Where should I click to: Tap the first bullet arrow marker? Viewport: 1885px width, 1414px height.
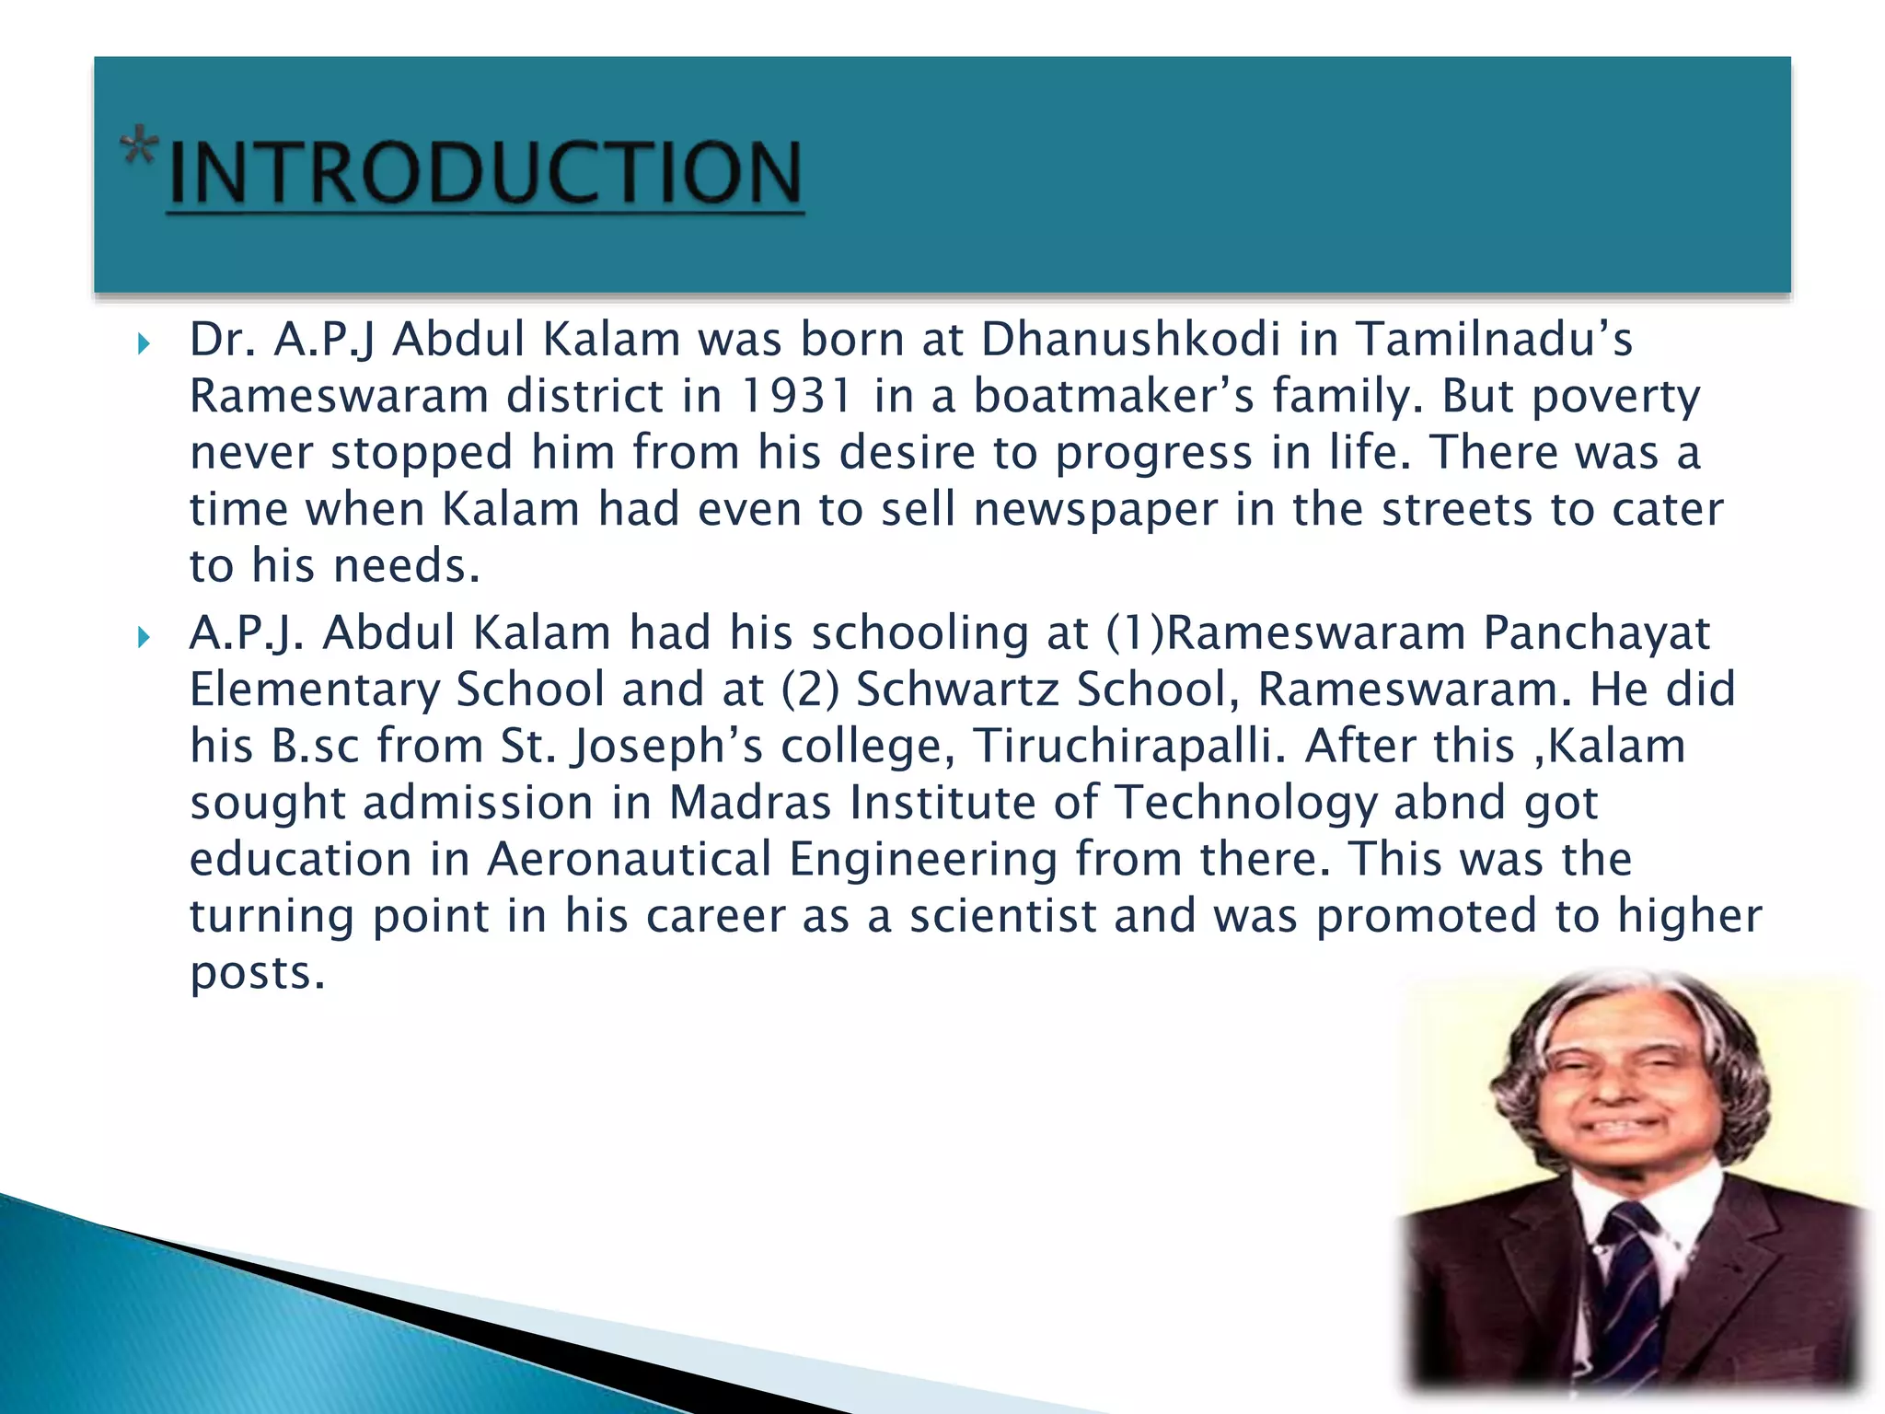(x=143, y=345)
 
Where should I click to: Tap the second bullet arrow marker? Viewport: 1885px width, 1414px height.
(x=143, y=637)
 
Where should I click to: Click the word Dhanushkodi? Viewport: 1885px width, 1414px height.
(x=1130, y=340)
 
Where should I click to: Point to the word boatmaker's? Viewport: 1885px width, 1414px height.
(x=1114, y=397)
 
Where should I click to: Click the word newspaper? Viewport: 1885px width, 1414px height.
(x=1095, y=510)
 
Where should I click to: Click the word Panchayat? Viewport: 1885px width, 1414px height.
(x=1597, y=633)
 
